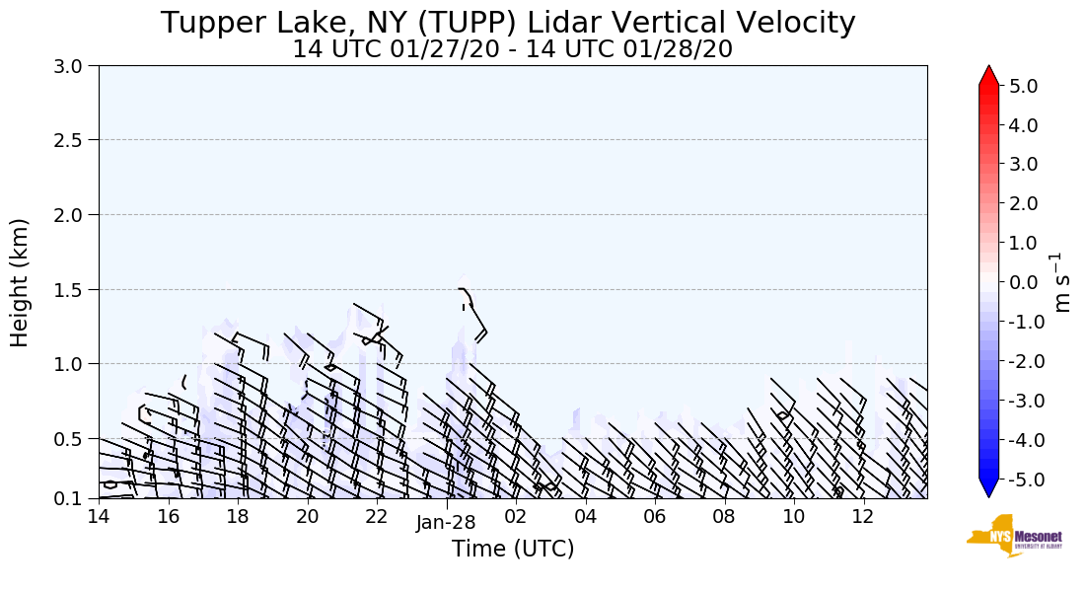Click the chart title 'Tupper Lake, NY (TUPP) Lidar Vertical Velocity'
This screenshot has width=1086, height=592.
pos(508,23)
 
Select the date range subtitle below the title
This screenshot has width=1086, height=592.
pos(512,49)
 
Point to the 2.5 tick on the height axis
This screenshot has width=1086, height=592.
pos(74,140)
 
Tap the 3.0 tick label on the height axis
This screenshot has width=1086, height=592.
pos(74,66)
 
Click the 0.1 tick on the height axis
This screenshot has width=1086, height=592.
pos(74,499)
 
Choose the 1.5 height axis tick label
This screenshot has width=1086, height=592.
pos(74,290)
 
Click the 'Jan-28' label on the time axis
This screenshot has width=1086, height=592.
pos(446,523)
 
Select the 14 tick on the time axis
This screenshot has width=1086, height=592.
pos(99,517)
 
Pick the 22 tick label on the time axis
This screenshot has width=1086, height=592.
pos(376,517)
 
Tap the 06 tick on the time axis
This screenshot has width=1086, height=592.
pos(654,517)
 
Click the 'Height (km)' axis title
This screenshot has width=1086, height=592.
pos(20,282)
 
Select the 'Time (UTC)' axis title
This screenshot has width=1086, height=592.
pos(512,549)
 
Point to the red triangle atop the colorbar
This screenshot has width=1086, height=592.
pos(988,76)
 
